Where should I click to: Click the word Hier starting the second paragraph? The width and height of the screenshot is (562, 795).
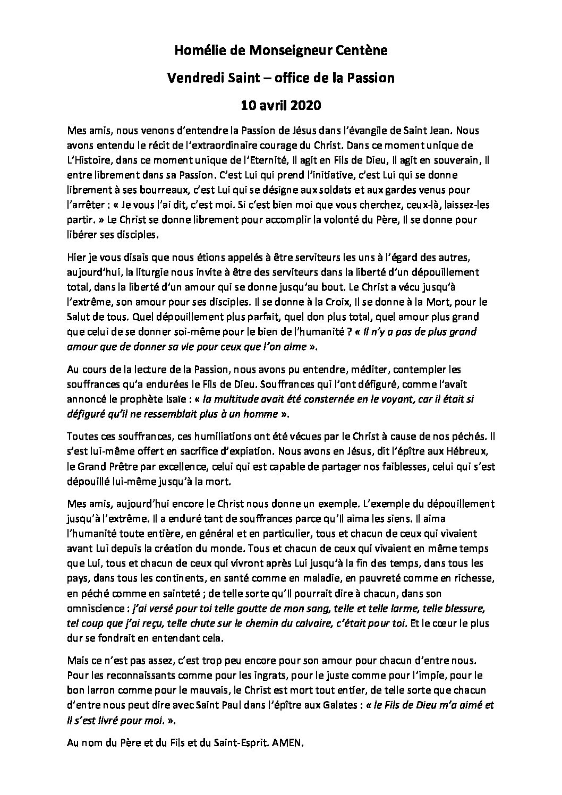pos(76,258)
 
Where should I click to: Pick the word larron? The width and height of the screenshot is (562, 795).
pos(98,690)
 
